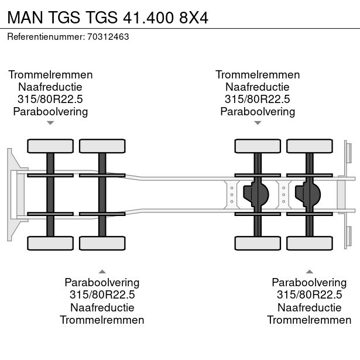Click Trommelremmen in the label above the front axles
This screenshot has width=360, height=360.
click(x=50, y=75)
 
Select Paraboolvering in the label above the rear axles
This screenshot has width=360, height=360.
click(x=258, y=112)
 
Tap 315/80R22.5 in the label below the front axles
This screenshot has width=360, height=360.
click(x=102, y=295)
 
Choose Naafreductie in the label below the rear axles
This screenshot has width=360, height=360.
click(x=310, y=307)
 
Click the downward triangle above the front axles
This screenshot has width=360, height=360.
click(x=50, y=123)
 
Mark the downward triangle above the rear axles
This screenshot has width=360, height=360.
click(x=258, y=123)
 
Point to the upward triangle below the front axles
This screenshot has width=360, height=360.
click(x=102, y=272)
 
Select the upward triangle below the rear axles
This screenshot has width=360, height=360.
click(x=310, y=272)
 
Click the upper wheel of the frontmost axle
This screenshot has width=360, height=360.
click(x=50, y=146)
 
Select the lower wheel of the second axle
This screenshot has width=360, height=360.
click(x=102, y=242)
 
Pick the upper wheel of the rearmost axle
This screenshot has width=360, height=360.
click(x=310, y=146)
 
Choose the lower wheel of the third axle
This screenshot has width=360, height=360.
click(x=258, y=242)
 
